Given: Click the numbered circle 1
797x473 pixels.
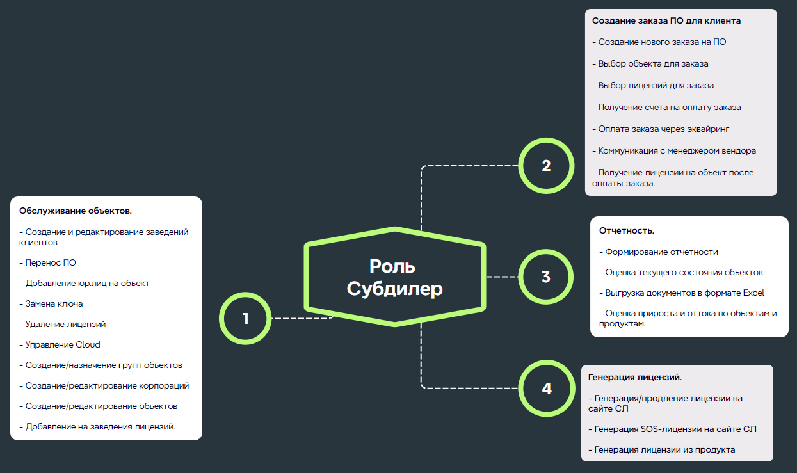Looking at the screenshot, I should click(x=245, y=318).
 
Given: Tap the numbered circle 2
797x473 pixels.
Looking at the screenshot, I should click(x=545, y=166).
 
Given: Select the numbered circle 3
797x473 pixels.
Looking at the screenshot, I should click(x=545, y=277).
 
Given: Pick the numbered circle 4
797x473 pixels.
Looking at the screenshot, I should click(x=545, y=388).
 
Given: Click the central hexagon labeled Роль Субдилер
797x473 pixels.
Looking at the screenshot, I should click(x=395, y=277).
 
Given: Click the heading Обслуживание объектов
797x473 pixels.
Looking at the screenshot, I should click(x=76, y=211).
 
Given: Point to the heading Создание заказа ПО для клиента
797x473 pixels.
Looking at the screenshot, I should click(x=666, y=21).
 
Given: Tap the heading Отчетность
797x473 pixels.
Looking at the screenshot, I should click(x=626, y=230).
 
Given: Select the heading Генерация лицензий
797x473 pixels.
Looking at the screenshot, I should click(x=634, y=378).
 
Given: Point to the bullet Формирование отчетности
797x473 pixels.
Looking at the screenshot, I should click(x=658, y=252).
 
